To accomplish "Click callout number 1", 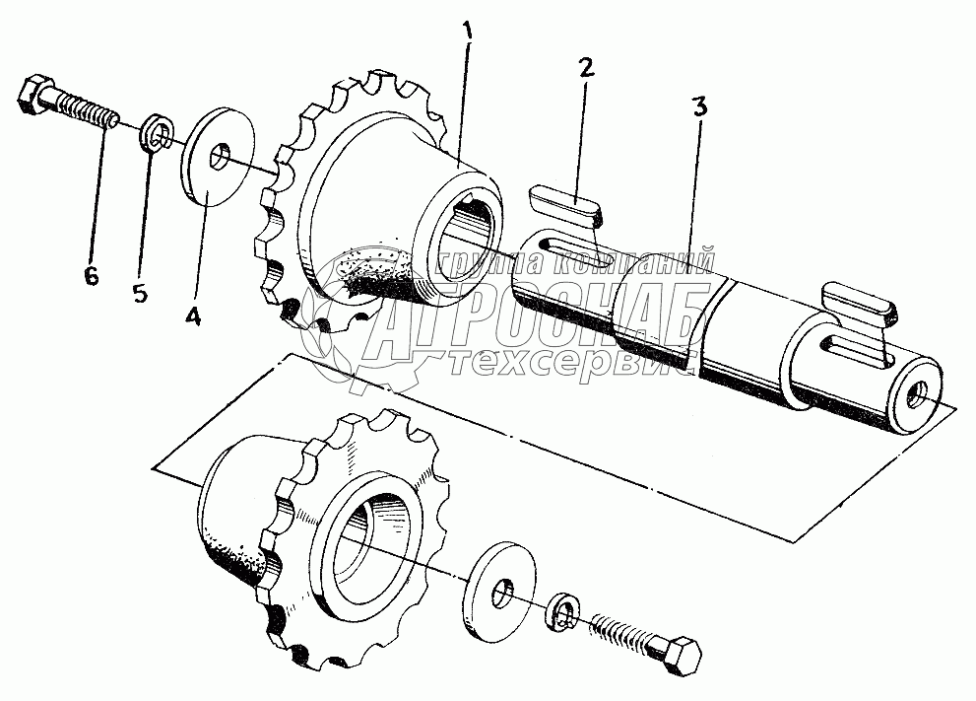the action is point(468,32).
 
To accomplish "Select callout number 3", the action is point(698,107).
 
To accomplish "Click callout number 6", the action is point(91,276).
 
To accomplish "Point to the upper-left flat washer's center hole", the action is point(221,157).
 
